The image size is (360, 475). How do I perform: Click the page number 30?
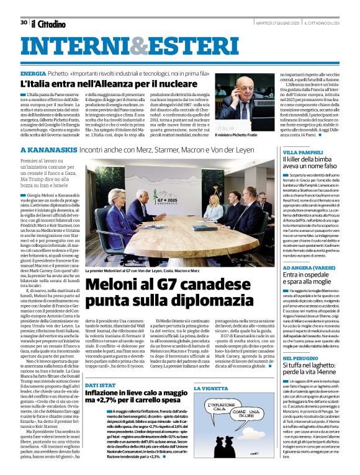[24, 22]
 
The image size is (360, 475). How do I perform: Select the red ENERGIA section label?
[33, 73]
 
